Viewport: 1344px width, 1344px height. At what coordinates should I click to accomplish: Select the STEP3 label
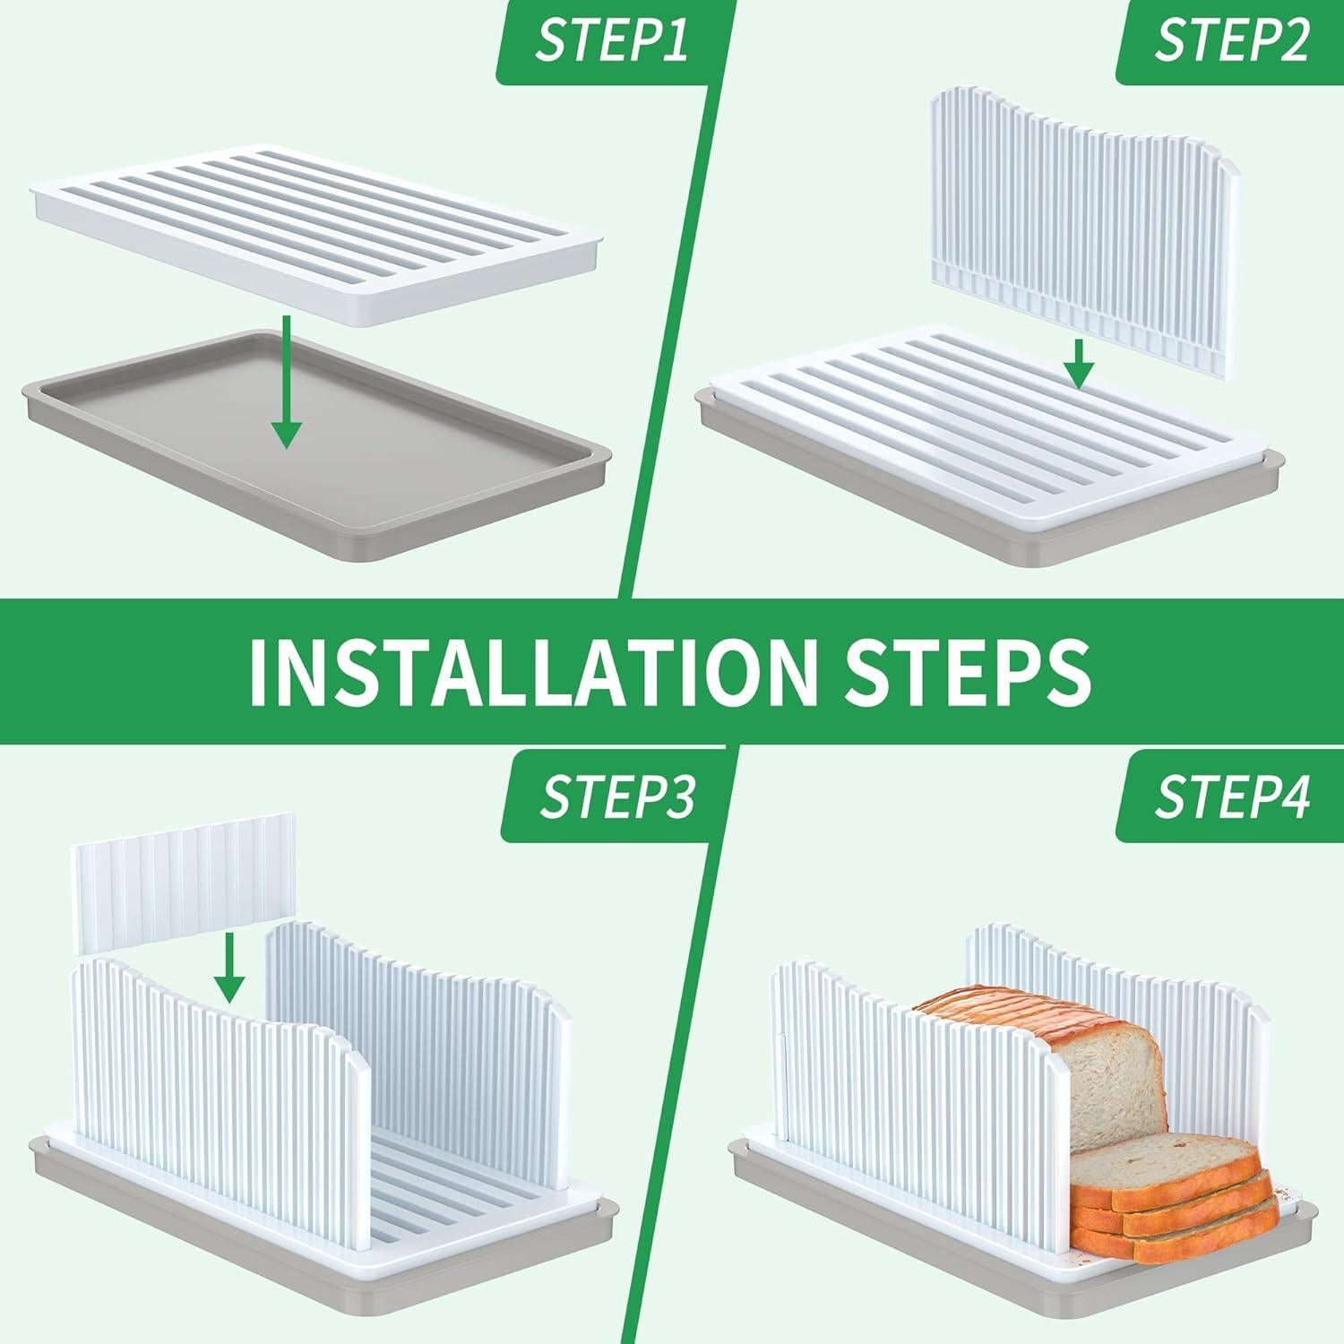616,797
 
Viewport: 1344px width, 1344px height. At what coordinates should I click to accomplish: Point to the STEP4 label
1232,797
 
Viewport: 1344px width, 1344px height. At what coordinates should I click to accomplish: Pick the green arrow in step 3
230,968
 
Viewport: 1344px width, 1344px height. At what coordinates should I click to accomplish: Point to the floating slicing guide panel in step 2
1087,228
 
